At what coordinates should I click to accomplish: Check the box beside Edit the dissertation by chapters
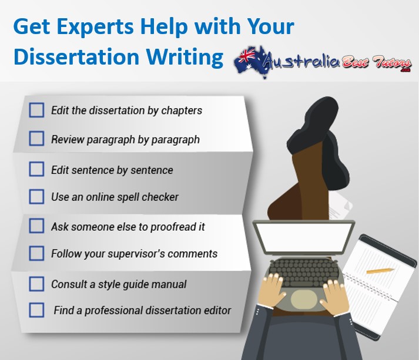click(x=36, y=110)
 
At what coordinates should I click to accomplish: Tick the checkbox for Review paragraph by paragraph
click(x=36, y=139)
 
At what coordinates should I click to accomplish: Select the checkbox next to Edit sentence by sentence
click(x=36, y=169)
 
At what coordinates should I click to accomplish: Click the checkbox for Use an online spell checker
click(x=36, y=197)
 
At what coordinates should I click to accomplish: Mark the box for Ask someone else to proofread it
click(x=36, y=226)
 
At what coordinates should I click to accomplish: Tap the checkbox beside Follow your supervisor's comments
click(x=36, y=253)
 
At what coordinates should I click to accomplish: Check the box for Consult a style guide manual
click(x=36, y=284)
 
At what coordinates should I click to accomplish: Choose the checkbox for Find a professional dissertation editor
click(x=36, y=310)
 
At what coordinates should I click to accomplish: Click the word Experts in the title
click(x=95, y=27)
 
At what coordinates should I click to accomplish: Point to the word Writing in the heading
click(x=185, y=58)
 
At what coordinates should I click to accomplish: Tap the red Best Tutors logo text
click(x=376, y=63)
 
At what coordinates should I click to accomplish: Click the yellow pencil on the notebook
click(x=380, y=271)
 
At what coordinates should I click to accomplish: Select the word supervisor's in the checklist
click(x=136, y=254)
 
